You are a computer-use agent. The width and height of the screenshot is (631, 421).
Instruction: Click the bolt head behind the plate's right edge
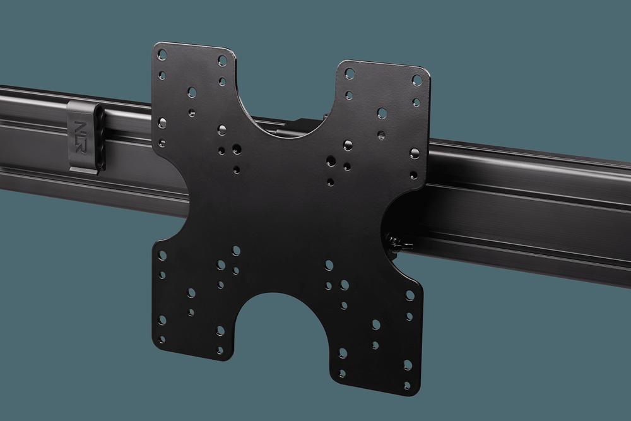(x=396, y=242)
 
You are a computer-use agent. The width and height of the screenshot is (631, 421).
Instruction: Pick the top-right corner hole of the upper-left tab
(x=222, y=61)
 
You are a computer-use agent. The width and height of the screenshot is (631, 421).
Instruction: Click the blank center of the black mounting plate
(x=284, y=208)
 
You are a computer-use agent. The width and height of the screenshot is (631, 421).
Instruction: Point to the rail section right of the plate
(x=524, y=202)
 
